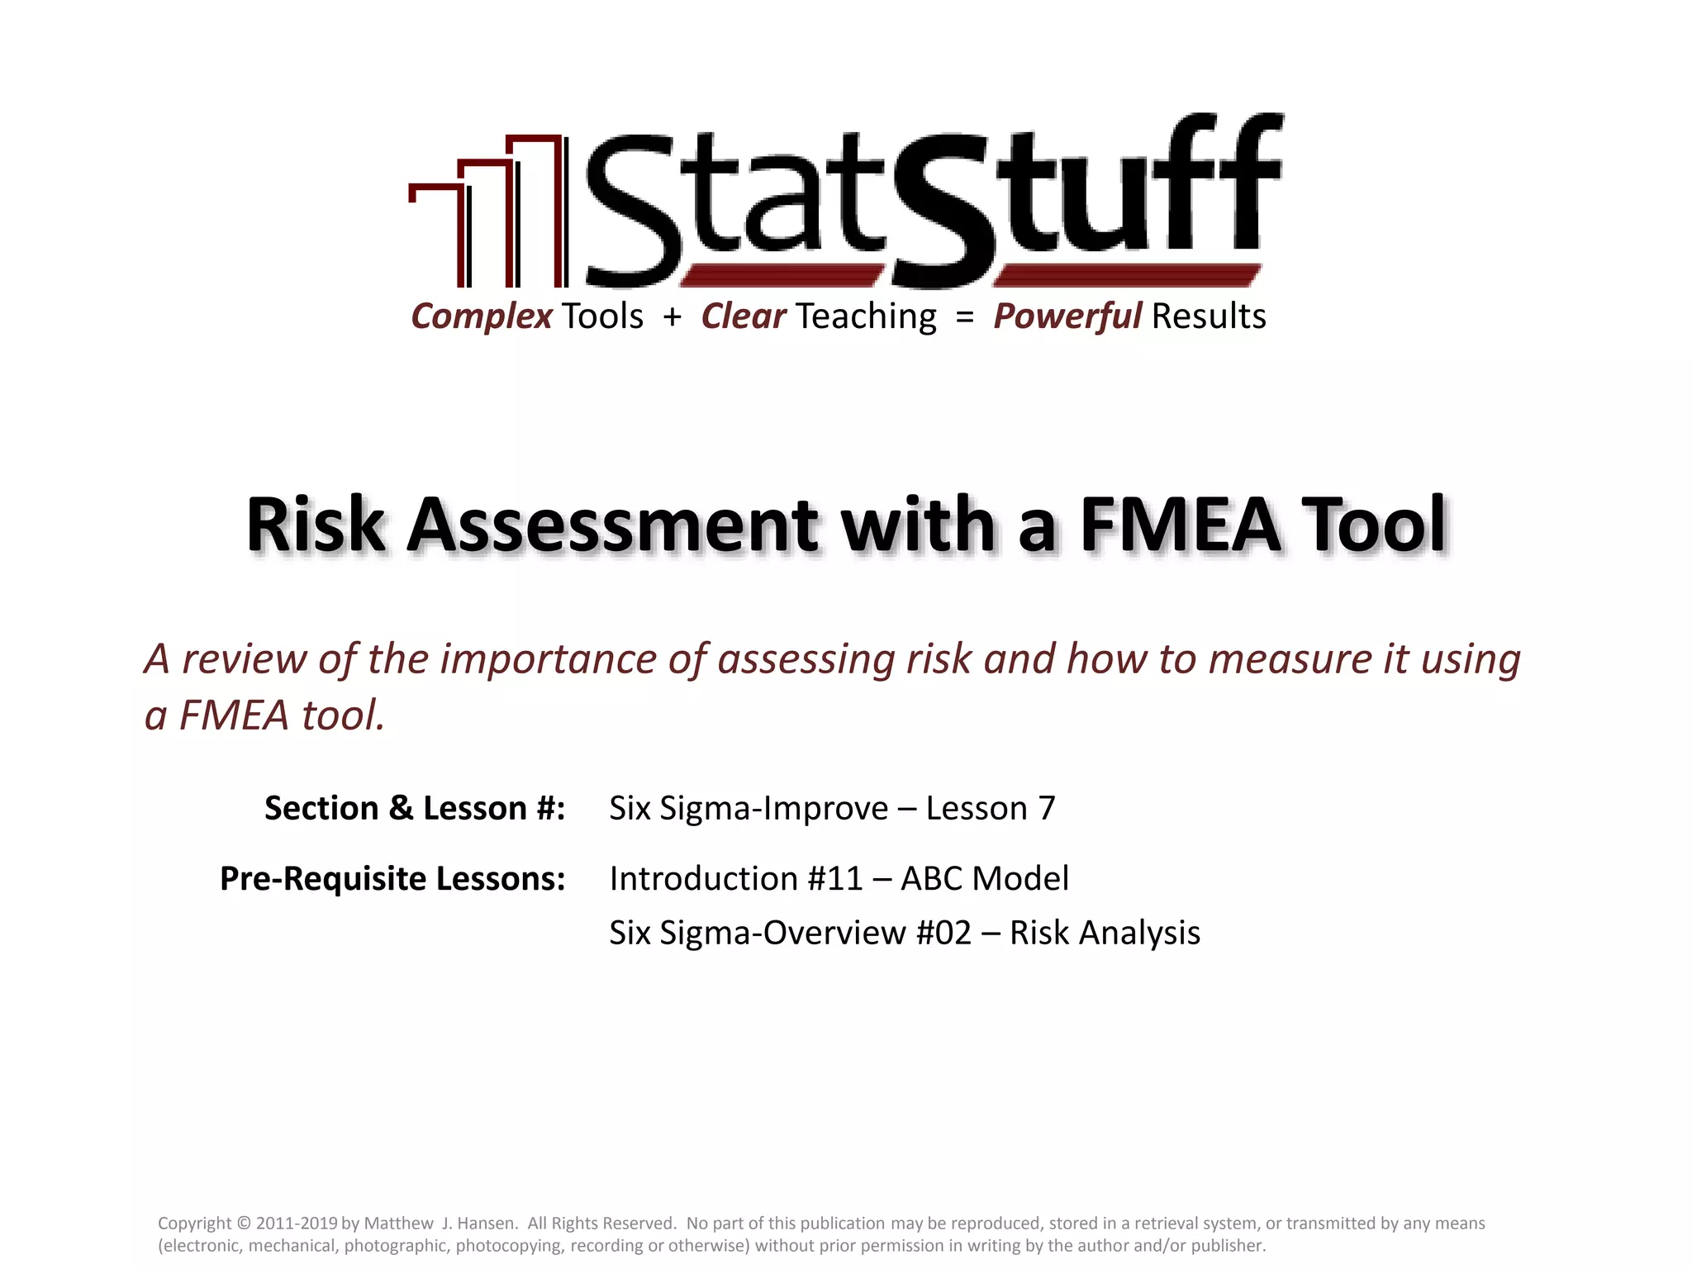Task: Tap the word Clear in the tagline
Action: click(743, 316)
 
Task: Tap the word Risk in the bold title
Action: click(316, 525)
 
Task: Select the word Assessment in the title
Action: click(612, 525)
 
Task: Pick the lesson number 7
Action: click(1046, 808)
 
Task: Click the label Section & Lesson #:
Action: click(415, 808)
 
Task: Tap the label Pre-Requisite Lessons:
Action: click(392, 878)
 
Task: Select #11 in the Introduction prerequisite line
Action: click(835, 878)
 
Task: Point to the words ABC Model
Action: click(985, 878)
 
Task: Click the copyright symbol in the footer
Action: click(243, 1224)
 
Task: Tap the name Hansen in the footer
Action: click(485, 1224)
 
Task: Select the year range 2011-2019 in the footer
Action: click(297, 1224)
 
